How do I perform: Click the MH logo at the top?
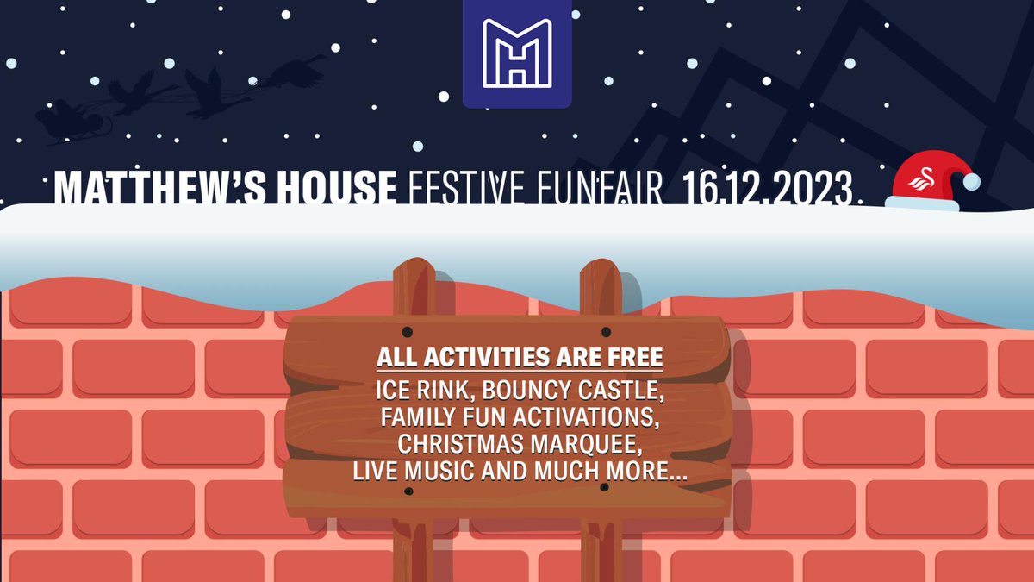click(x=517, y=53)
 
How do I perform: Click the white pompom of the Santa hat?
click(x=971, y=181)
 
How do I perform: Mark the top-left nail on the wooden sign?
click(x=408, y=332)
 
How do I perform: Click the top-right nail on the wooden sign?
click(x=606, y=332)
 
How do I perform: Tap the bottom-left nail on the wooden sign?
click(x=408, y=491)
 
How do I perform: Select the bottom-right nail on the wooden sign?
click(x=604, y=488)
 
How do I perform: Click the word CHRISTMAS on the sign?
click(x=459, y=446)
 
